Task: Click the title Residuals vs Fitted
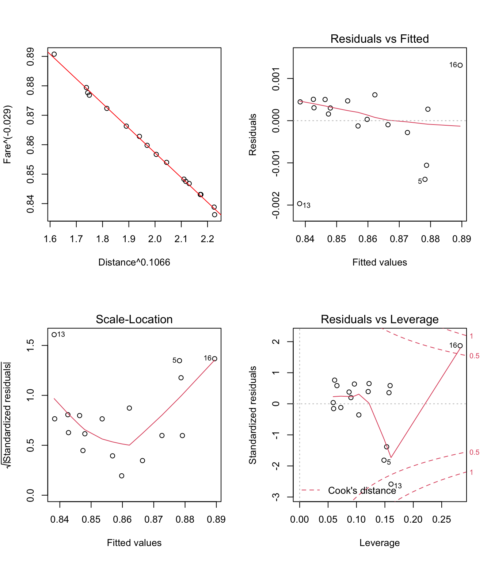point(379,39)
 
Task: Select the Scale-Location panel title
point(134,319)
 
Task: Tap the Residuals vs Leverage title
point(379,319)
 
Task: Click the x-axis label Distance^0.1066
point(134,262)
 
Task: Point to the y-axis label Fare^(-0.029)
point(8,134)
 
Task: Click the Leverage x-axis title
point(379,543)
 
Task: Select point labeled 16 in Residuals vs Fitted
point(460,65)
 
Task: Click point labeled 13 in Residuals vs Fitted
point(300,204)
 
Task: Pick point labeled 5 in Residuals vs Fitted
point(425,179)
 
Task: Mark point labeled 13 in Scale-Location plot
point(54,335)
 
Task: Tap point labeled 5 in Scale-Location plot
point(179,361)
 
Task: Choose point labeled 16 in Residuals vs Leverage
point(460,346)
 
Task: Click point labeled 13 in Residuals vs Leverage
point(391,484)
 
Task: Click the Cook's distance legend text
point(362,491)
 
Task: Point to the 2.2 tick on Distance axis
point(207,239)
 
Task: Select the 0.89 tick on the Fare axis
point(31,57)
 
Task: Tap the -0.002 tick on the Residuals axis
point(276,205)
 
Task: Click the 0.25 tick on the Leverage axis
point(442,520)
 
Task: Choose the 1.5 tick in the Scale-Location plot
point(31,346)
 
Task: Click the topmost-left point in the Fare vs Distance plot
point(54,54)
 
